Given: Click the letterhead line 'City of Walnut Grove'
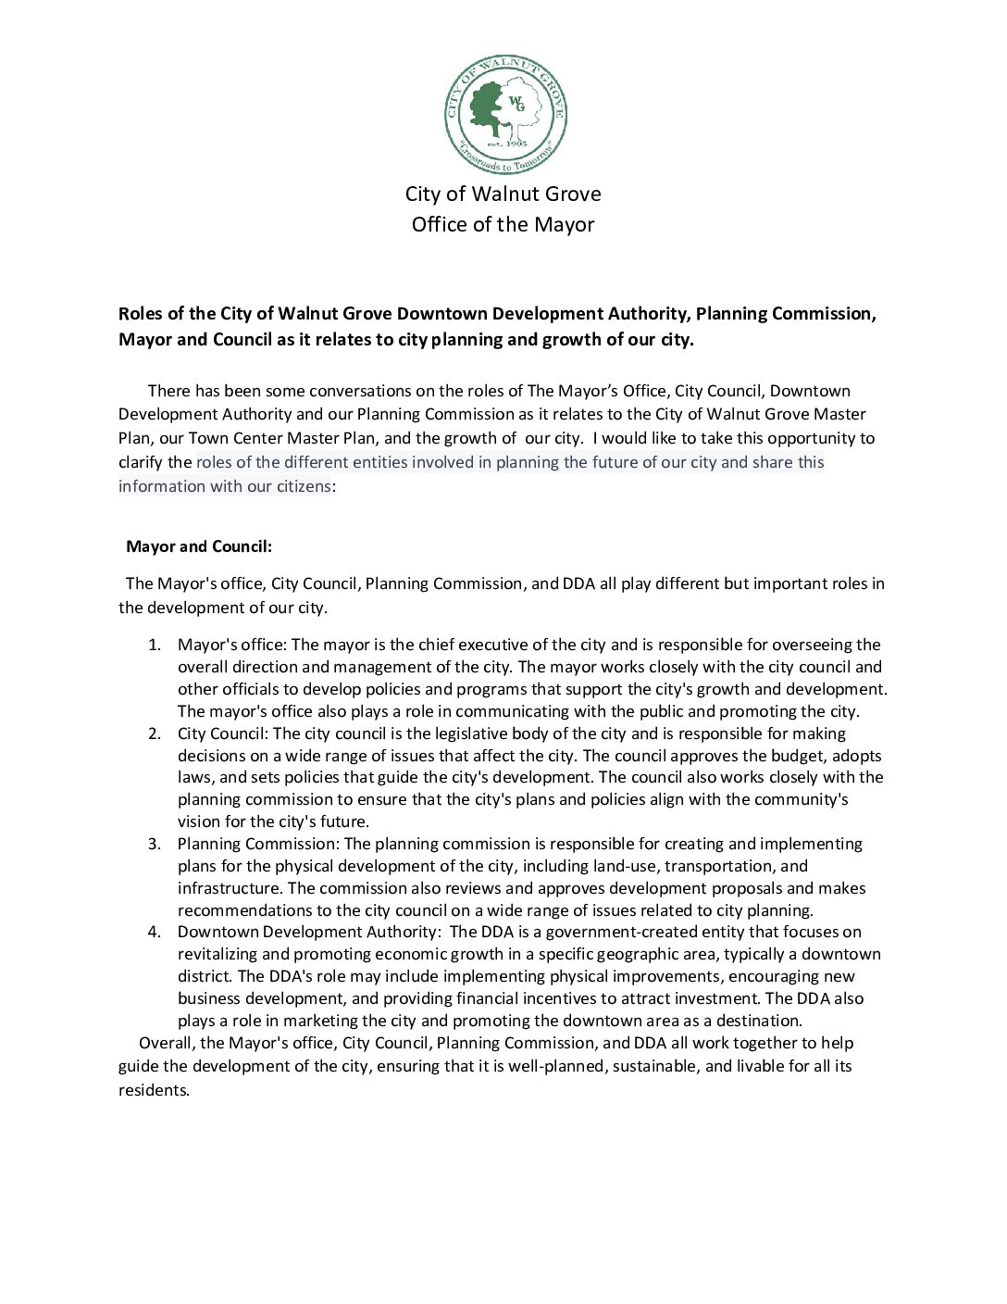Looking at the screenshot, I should pyautogui.click(x=503, y=194).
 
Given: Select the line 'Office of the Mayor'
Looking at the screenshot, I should pyautogui.click(x=503, y=224).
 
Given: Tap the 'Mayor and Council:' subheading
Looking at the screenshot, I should pyautogui.click(x=199, y=546).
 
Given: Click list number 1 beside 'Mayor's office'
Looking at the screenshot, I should pyautogui.click(x=155, y=645).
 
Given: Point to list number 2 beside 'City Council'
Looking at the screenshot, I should pyautogui.click(x=155, y=733).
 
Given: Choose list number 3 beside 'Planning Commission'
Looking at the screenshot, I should pyautogui.click(x=155, y=844).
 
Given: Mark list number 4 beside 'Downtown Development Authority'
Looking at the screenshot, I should pyautogui.click(x=155, y=932).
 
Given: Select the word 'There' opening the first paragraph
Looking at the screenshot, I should pyautogui.click(x=169, y=391).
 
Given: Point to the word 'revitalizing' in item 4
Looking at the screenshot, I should pyautogui.click(x=219, y=954).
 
